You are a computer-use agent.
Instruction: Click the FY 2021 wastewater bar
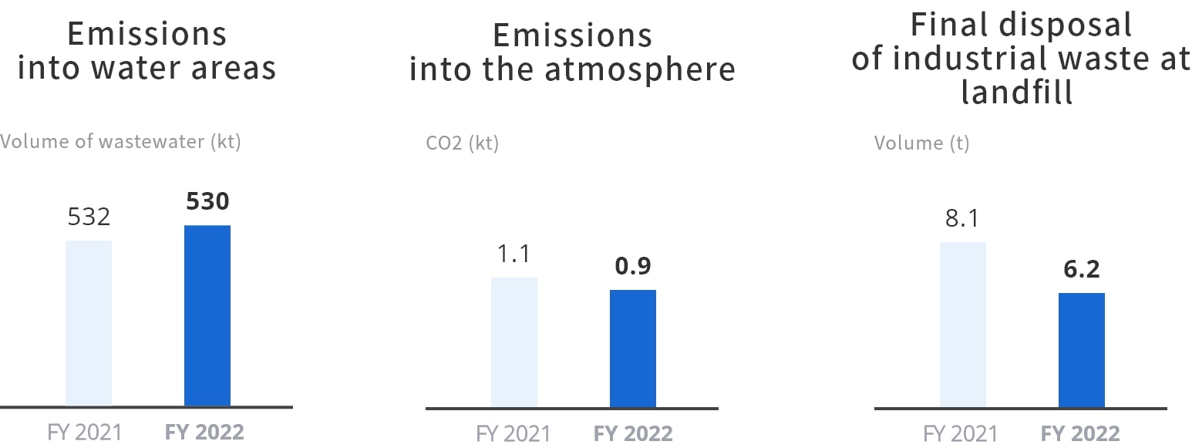(89, 323)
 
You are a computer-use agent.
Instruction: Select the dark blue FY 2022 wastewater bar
(207, 315)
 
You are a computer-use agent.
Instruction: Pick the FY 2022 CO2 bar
(633, 349)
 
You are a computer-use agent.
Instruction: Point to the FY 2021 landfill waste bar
(963, 325)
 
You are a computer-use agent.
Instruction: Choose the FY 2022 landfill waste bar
(1082, 350)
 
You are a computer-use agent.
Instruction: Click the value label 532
(89, 217)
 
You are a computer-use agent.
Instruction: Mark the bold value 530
(207, 202)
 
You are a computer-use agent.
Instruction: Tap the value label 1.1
(514, 254)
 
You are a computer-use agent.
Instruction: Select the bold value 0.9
(633, 267)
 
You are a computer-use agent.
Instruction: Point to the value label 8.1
(962, 219)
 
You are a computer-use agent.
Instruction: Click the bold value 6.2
(1081, 270)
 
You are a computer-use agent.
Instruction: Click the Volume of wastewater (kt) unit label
(121, 142)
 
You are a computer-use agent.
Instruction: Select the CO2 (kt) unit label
(463, 143)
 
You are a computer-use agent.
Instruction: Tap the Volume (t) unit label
(922, 143)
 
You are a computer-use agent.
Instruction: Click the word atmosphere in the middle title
(640, 69)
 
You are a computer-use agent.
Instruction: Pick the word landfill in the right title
(1017, 93)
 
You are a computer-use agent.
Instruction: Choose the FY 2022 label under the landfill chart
(1080, 433)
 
